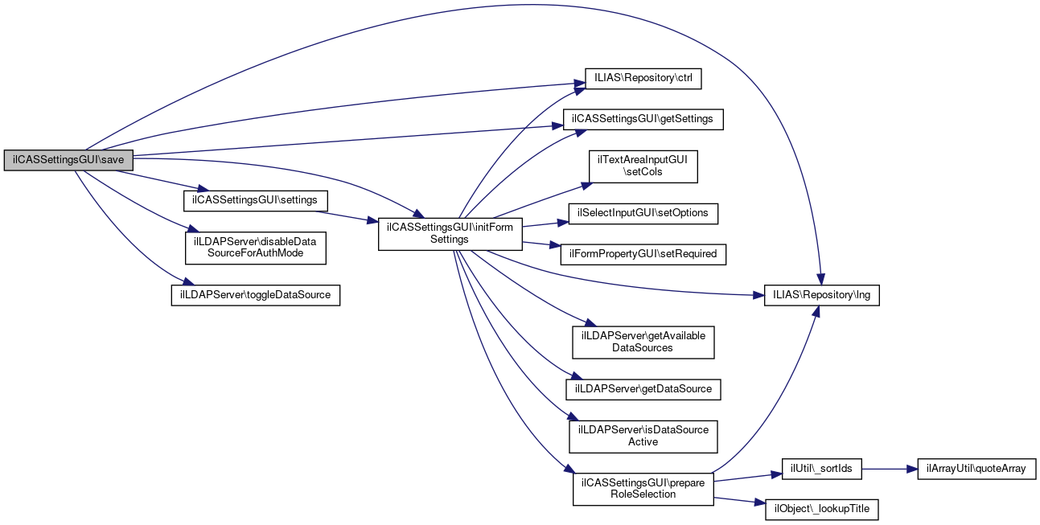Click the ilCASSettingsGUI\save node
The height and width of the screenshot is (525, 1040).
click(x=68, y=160)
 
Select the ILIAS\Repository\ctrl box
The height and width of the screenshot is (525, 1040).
click(x=643, y=79)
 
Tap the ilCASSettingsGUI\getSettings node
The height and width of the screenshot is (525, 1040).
click(x=643, y=119)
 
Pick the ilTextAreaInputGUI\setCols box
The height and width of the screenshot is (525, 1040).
click(x=643, y=166)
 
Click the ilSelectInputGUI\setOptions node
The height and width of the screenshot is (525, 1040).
click(x=643, y=214)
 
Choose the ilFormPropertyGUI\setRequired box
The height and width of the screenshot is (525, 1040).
click(x=643, y=254)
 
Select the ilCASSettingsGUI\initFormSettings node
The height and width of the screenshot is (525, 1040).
click(x=450, y=233)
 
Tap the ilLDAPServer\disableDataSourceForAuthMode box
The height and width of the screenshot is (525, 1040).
click(x=256, y=248)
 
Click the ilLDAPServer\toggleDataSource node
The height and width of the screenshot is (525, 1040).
click(x=256, y=295)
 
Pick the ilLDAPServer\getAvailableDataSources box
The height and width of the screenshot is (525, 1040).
click(x=643, y=342)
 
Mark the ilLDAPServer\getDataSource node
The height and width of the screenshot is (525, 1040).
click(x=643, y=389)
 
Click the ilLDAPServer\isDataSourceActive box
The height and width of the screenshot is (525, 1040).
click(x=643, y=436)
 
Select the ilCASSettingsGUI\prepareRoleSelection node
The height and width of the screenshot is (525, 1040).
click(x=643, y=489)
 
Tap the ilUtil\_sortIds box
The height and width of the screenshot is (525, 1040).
click(x=821, y=469)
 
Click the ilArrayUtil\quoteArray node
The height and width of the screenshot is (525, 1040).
click(x=976, y=469)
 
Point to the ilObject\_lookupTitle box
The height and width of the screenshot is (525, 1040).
click(x=821, y=509)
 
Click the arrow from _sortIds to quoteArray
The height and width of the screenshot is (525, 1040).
click(x=889, y=469)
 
